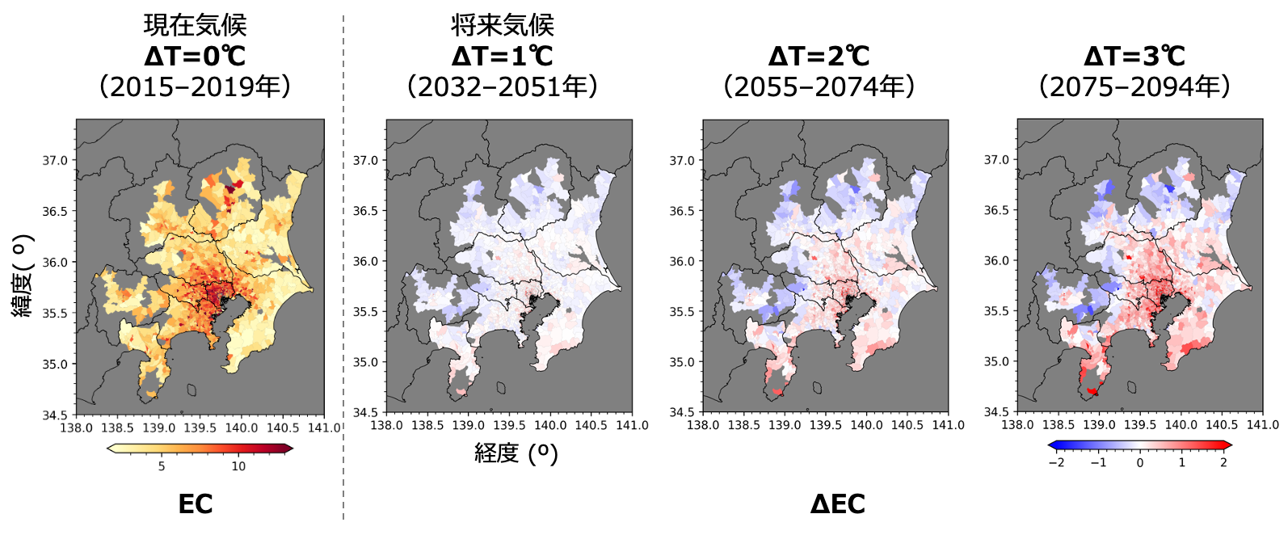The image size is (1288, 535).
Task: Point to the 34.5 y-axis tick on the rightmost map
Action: (1000, 412)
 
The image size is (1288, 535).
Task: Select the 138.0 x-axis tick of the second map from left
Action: (386, 425)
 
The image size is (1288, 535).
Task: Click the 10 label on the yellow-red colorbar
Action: (238, 466)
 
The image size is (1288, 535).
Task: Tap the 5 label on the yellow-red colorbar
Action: (162, 466)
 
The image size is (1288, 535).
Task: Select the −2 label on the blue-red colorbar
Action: (1055, 462)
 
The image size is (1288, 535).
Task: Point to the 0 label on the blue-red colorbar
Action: (1139, 462)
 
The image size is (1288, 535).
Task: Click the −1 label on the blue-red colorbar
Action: (1097, 462)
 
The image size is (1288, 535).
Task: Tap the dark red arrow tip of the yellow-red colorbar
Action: (289, 449)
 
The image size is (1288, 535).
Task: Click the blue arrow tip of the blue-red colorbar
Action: (1051, 444)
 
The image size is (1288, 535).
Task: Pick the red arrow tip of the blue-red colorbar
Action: (1228, 444)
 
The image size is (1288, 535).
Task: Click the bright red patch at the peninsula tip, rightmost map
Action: (1092, 391)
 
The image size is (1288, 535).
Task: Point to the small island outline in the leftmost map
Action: (192, 390)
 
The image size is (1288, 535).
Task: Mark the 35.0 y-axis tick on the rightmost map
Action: (1000, 362)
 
